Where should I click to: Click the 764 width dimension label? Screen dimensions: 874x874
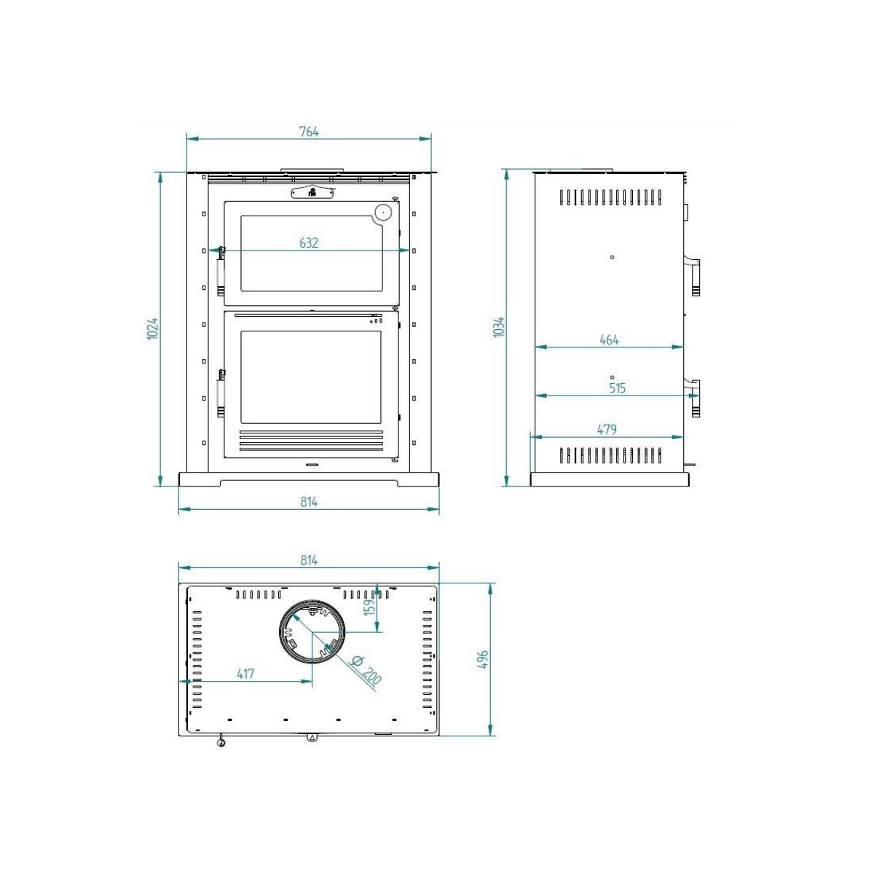(x=309, y=132)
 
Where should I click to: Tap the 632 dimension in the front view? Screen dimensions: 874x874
(x=309, y=243)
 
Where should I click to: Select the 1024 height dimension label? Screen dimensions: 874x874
(x=153, y=328)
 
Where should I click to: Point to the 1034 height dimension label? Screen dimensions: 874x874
(x=499, y=326)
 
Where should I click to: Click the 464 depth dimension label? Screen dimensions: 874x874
(x=609, y=339)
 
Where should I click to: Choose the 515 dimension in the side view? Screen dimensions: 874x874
(x=617, y=388)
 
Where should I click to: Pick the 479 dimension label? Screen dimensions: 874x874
(x=607, y=429)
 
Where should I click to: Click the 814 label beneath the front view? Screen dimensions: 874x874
(x=309, y=502)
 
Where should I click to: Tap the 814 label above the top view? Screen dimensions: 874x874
(x=309, y=560)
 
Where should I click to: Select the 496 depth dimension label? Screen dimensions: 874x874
(x=482, y=659)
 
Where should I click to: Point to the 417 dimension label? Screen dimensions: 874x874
(x=245, y=674)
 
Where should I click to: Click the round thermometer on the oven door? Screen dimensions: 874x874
(x=383, y=212)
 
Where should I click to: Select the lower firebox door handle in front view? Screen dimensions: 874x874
(x=221, y=393)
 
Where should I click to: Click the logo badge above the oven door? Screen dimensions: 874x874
(x=312, y=192)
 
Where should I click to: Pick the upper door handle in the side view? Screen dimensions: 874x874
(x=694, y=275)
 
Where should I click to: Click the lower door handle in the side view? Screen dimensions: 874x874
(x=694, y=398)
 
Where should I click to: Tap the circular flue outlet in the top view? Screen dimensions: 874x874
(x=312, y=632)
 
